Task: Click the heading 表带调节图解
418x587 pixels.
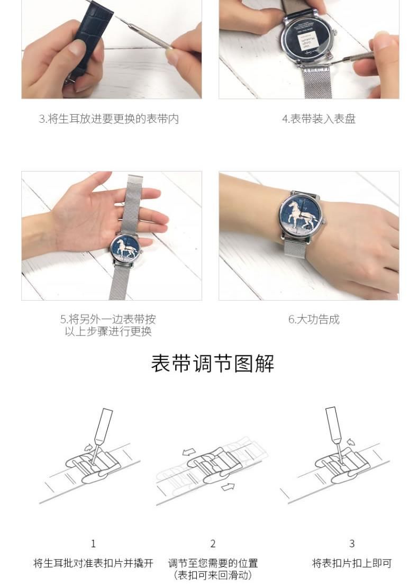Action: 213,363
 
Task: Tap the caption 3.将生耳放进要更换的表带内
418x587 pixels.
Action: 109,119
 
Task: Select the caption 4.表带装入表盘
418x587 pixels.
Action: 319,119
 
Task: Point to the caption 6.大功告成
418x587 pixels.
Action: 314,319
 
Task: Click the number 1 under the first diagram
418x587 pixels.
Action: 93,543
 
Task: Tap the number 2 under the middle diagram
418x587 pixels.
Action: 213,543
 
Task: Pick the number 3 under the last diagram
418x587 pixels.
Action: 352,543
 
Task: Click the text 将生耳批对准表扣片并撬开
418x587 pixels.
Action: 94,563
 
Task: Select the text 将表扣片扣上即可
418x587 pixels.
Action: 352,563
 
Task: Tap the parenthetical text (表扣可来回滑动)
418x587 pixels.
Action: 213,575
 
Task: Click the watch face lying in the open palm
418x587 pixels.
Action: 125,249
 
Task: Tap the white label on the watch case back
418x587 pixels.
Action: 307,42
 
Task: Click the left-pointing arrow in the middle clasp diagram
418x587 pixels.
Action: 189,451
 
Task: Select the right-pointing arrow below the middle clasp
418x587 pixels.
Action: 228,486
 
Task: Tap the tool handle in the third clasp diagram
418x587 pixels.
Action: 333,424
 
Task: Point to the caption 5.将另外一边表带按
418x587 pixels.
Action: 108,319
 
